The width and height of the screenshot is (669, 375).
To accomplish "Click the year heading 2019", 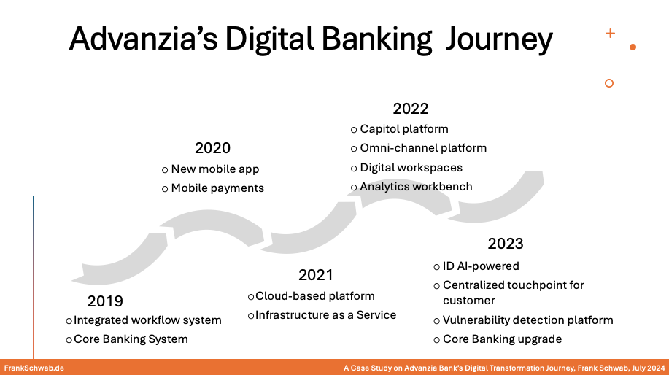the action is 105,301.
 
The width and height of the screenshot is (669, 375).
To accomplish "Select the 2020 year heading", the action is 212,148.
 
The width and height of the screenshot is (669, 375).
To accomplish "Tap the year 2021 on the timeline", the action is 316,275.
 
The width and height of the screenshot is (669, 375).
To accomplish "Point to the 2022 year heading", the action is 411,109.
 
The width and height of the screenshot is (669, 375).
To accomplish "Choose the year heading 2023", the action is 505,244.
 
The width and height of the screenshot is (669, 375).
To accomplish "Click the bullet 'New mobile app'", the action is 215,169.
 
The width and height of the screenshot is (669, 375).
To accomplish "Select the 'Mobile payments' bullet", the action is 217,188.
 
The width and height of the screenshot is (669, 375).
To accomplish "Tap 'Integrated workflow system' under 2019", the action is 147,320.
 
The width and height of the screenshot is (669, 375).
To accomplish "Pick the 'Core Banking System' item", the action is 131,339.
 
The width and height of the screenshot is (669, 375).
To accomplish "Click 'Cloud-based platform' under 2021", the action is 315,296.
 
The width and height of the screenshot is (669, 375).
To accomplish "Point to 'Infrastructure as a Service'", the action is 326,315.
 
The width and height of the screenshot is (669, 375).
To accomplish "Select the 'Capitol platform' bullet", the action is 404,129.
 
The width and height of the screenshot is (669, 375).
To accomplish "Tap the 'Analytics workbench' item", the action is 416,187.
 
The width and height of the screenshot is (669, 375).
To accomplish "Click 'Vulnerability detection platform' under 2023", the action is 527,320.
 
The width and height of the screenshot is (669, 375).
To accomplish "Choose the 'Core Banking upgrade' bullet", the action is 502,339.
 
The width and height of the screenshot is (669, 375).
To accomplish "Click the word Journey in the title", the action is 499,39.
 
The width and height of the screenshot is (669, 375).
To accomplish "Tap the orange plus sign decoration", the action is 610,34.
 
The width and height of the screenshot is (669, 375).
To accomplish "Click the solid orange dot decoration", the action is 633,47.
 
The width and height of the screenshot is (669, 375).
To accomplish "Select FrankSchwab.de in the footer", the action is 34,368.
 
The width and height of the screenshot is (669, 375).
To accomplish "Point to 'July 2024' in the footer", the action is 649,368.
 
